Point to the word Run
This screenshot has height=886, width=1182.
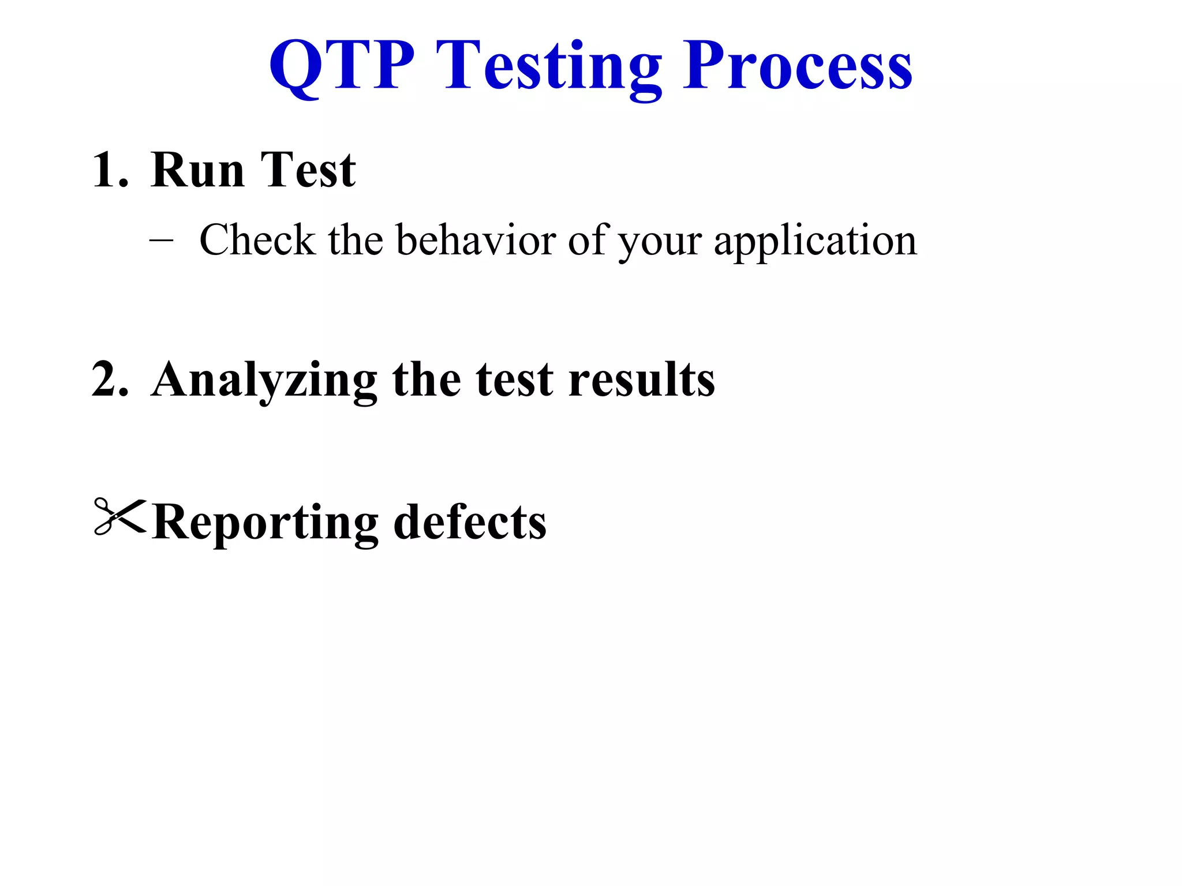[197, 170]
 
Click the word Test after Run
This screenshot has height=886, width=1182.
[308, 170]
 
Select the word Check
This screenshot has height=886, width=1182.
[257, 240]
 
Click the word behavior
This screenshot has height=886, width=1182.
[476, 240]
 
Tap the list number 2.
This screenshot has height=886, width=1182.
[110, 379]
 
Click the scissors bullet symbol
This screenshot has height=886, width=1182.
[119, 516]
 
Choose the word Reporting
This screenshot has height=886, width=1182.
[265, 523]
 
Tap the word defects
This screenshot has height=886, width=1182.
[470, 521]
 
